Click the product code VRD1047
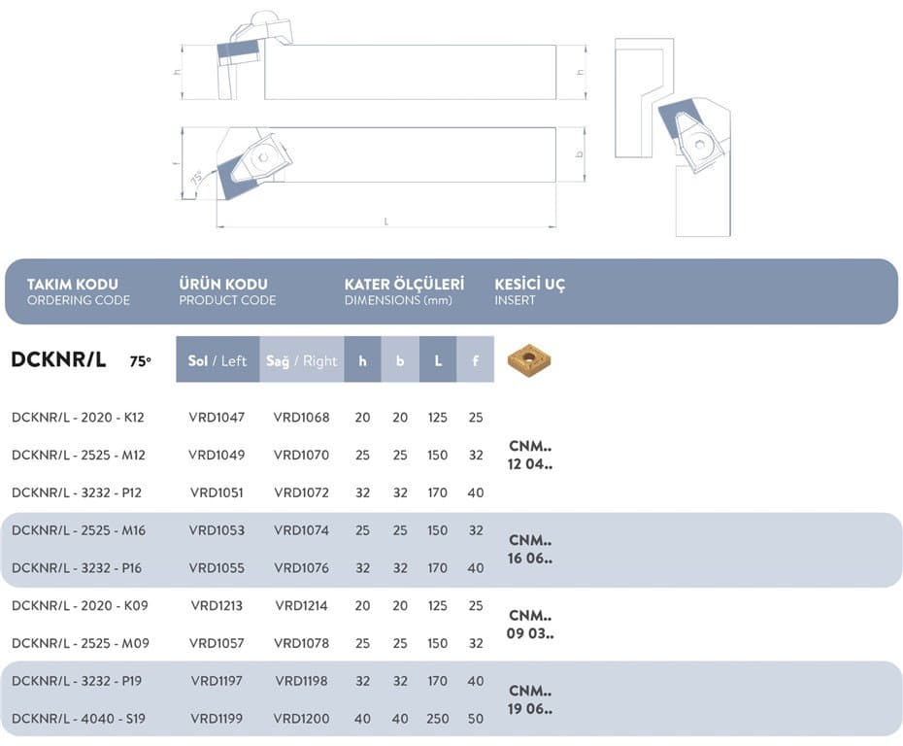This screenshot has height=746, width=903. tap(217, 417)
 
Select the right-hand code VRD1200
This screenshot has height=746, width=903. tap(301, 719)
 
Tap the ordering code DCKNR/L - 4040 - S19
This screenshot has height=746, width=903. tap(79, 719)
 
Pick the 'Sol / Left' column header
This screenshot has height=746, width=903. tap(217, 359)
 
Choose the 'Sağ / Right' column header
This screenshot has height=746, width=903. tap(302, 359)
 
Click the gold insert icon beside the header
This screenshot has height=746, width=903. tap(529, 361)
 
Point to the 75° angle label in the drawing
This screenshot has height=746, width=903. tap(196, 178)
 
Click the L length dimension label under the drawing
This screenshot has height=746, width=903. tap(385, 221)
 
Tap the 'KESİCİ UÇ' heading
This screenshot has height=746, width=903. tap(530, 284)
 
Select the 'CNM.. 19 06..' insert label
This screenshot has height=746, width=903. tap(530, 699)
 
